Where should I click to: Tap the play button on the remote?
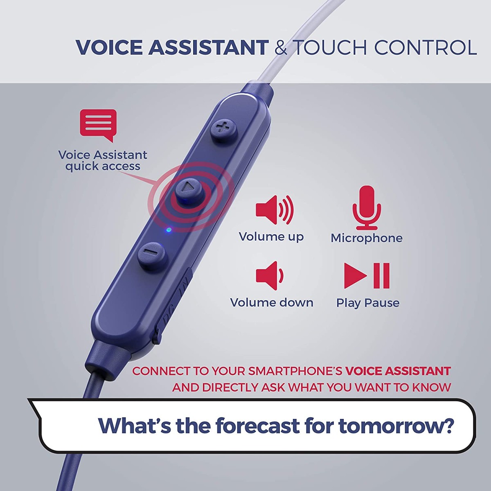tap(188, 189)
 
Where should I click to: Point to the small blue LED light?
tap(168, 230)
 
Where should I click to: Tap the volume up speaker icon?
tap(275, 209)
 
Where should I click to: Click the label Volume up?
tap(271, 237)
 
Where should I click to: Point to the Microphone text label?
tap(367, 238)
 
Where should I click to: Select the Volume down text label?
tap(272, 303)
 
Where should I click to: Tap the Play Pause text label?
tap(368, 303)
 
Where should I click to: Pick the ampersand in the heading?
tap(281, 47)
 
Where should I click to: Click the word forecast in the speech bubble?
tap(258, 426)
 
